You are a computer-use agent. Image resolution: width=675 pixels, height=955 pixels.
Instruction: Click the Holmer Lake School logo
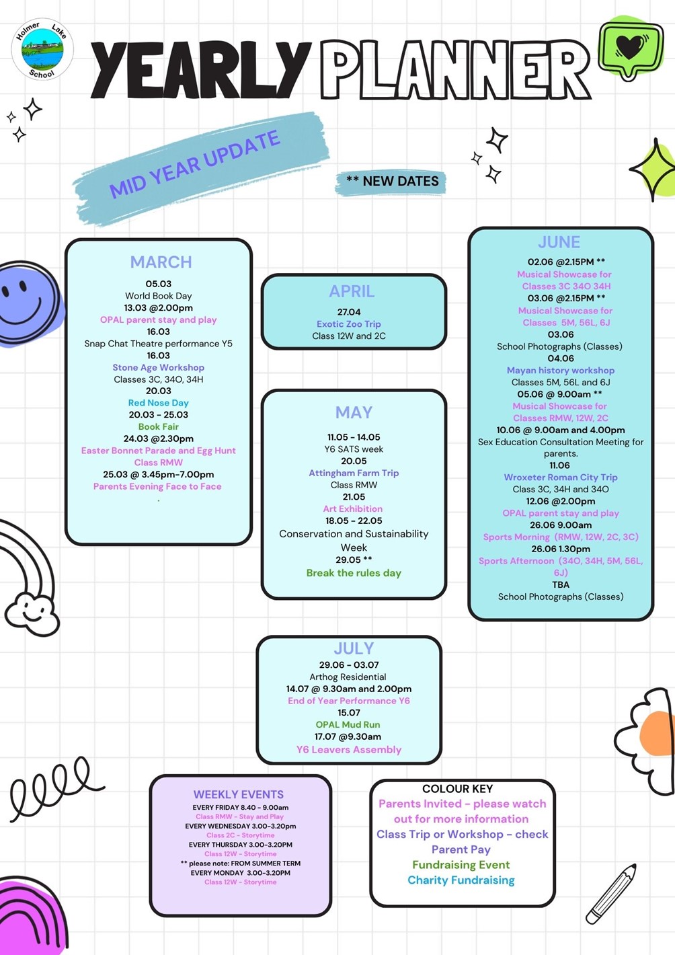(x=42, y=50)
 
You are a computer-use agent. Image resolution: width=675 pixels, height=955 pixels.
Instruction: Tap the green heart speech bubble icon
(x=629, y=49)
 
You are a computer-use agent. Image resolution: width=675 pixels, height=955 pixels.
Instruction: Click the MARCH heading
(x=161, y=262)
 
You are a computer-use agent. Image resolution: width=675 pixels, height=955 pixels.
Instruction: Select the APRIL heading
(x=352, y=291)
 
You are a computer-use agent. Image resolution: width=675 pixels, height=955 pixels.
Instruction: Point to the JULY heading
(x=354, y=648)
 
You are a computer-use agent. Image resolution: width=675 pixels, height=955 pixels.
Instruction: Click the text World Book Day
(x=159, y=296)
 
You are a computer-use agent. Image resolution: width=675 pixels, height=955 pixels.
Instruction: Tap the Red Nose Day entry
(x=159, y=403)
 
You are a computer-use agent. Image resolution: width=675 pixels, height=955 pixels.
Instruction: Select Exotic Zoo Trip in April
(x=349, y=324)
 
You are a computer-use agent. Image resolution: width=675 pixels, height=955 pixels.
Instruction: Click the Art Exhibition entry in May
(x=353, y=509)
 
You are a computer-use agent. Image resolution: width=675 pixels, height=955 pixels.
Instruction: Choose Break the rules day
(x=354, y=573)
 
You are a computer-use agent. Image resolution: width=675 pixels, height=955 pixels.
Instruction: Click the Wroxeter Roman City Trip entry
(x=561, y=477)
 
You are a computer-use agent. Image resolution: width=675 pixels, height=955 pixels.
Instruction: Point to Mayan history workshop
(x=561, y=371)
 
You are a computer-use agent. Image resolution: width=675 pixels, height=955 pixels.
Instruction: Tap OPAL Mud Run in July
(x=348, y=725)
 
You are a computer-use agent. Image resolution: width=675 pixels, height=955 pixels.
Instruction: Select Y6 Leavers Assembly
(x=349, y=750)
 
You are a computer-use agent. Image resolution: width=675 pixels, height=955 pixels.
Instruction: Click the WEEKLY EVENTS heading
(x=239, y=794)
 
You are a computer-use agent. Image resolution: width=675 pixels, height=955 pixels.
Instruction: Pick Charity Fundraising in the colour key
(x=461, y=880)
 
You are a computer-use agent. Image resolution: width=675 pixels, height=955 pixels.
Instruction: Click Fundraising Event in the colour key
(x=461, y=865)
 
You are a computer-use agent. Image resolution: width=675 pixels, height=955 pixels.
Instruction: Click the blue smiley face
(x=27, y=303)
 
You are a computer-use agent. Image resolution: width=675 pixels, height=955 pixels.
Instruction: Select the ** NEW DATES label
(x=392, y=182)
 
